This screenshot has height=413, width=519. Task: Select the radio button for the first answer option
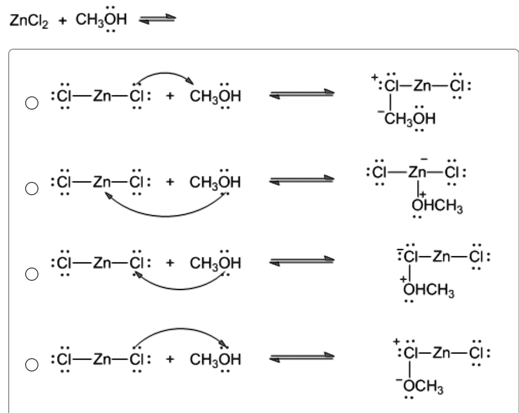coord(32,103)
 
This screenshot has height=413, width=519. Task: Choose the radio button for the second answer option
coord(32,189)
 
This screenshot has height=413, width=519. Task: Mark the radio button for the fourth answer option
coord(32,365)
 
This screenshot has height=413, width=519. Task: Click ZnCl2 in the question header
coord(29,20)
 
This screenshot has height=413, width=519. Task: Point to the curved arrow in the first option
coord(164,75)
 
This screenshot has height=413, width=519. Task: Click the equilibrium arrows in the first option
coord(302,94)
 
